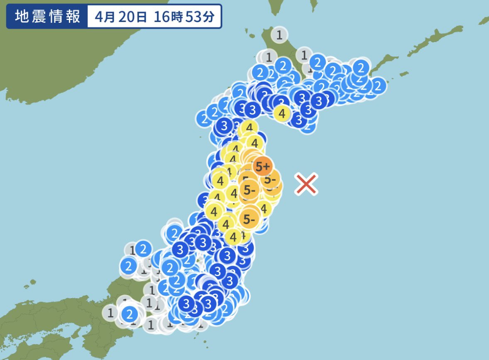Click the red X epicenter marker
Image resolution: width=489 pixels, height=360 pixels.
[306, 184]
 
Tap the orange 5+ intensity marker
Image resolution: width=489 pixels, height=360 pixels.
[263, 167]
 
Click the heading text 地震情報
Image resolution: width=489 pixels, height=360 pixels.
[47, 17]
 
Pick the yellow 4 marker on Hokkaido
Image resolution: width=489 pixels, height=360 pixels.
[282, 113]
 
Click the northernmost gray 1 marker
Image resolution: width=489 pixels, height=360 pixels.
[279, 35]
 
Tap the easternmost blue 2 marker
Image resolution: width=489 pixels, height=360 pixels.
[377, 86]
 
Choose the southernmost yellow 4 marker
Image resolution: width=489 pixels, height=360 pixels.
[233, 237]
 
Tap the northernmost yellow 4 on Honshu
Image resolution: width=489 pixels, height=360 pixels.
[249, 128]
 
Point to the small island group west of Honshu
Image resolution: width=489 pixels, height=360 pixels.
[27, 286]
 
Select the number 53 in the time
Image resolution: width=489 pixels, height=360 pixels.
[194, 17]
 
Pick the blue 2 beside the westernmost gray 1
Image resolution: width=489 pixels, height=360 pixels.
[129, 313]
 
